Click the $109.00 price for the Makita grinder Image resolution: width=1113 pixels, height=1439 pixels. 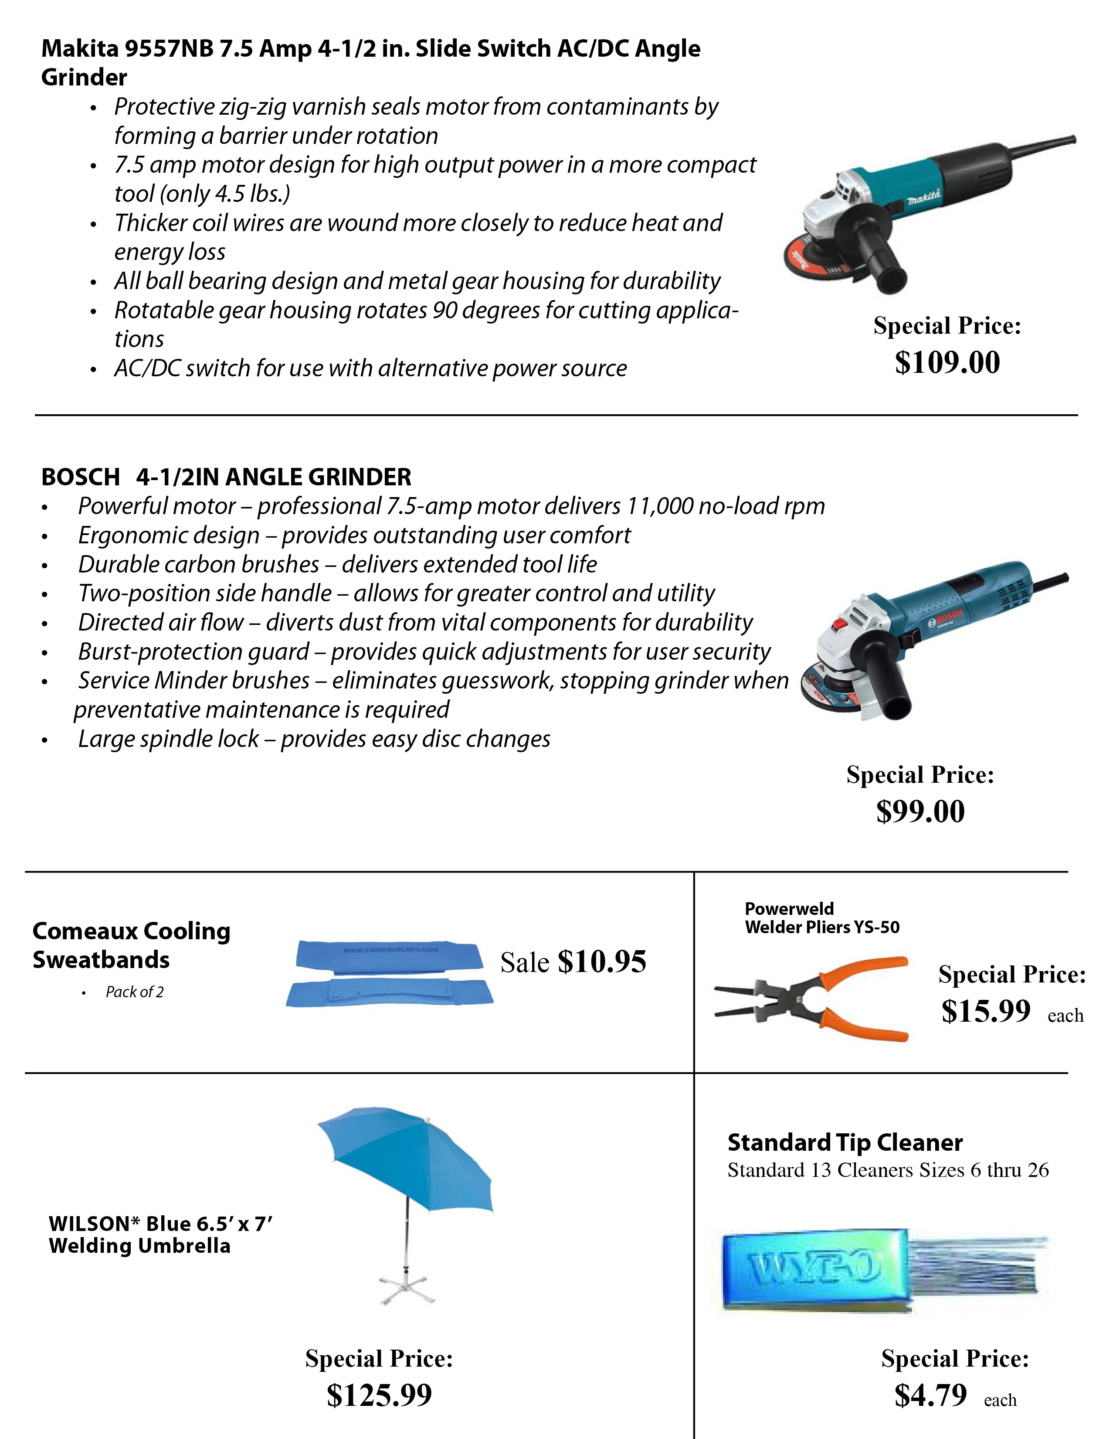[x=947, y=362]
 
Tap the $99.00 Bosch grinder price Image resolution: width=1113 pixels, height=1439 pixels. [x=920, y=811]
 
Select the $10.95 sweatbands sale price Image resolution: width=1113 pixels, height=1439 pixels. [x=601, y=962]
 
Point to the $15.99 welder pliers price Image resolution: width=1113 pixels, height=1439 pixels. [x=985, y=1011]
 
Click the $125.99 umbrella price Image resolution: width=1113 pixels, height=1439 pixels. [x=379, y=1395]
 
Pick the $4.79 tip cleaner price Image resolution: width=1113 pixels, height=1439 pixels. [x=930, y=1395]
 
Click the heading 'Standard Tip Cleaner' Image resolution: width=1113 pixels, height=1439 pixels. [x=844, y=1142]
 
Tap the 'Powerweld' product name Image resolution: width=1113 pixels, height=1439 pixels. [x=789, y=909]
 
